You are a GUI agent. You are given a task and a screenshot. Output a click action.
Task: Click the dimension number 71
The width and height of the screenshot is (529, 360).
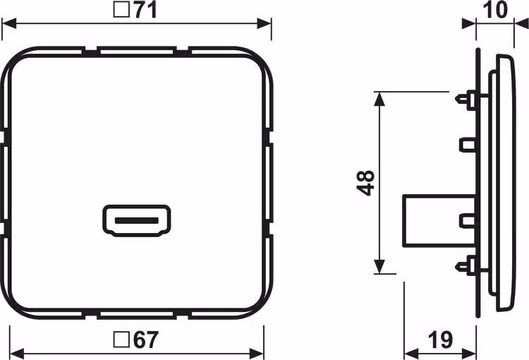pos(146,11)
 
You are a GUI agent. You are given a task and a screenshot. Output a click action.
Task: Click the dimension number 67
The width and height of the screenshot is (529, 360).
pos(146,340)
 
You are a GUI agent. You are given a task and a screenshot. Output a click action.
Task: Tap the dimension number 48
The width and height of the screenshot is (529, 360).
pos(365,183)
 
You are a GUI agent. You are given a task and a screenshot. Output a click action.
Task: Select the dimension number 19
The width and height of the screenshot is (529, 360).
pos(440,340)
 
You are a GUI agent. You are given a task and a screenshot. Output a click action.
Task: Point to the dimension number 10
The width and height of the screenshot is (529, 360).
pos(495,10)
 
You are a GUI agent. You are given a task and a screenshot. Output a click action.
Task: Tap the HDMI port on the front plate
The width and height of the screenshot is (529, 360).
pos(137,221)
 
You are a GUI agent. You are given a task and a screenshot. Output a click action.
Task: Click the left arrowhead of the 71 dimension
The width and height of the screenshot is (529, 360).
pos(9,23)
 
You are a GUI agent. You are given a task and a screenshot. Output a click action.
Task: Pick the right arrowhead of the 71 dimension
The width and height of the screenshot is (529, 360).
pos(264,23)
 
